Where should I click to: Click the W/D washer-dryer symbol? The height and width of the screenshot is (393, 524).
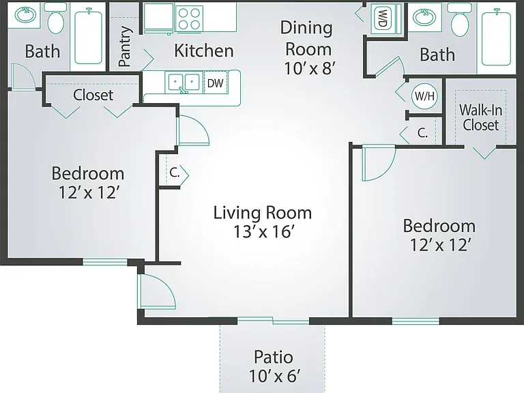point(383,18)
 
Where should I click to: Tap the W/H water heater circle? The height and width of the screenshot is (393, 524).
point(424,96)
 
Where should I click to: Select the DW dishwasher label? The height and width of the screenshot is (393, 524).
point(215,83)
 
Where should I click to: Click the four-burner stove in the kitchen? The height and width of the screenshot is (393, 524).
point(189,18)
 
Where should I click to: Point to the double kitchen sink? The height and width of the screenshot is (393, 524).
point(184,82)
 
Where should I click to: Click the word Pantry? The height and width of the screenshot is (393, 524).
point(125,46)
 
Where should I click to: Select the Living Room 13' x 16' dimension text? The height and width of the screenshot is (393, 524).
point(263,231)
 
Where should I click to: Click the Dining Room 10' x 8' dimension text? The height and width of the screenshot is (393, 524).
point(310,68)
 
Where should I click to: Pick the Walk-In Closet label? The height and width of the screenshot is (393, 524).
point(480,117)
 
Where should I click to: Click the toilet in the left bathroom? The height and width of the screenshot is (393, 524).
point(55,18)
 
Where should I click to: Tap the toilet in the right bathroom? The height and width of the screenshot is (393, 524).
point(460,19)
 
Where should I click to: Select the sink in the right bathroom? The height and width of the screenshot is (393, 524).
point(424,17)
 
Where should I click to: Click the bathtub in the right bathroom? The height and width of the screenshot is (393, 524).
point(496,37)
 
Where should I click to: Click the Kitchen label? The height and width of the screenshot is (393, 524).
point(204,50)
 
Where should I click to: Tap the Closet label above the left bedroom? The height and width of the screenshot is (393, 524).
point(93,95)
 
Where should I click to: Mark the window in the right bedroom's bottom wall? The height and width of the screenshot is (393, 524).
point(416,321)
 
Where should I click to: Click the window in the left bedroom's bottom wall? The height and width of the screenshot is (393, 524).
point(105,262)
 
